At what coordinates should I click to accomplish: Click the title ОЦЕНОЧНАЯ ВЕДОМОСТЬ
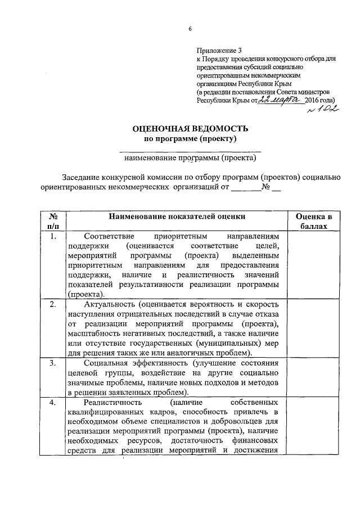190,129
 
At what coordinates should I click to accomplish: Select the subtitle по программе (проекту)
190,138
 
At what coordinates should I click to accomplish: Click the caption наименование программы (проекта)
190,158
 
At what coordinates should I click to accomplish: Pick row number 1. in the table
52,237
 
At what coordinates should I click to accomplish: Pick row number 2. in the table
52,304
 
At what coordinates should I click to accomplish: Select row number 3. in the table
52,363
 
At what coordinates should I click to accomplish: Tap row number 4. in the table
52,403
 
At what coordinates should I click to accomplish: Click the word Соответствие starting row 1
107,237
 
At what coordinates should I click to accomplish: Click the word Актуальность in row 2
109,304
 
